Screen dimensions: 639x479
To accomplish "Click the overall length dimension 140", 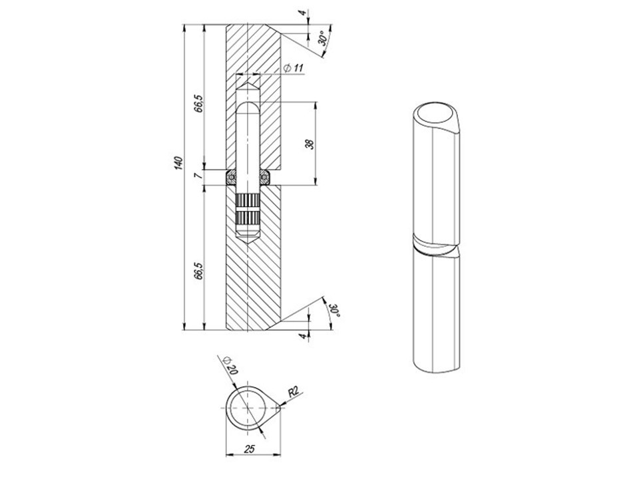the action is point(178,162).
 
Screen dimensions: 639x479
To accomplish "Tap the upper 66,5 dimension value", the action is point(198,104).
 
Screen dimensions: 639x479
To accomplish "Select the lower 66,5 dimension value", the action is point(198,271).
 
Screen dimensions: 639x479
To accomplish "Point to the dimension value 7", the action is point(198,176).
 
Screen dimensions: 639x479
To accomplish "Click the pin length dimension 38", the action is point(310,144).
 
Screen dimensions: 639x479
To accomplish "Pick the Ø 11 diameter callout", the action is point(294,68).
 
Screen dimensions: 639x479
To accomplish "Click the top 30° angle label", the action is point(322,39).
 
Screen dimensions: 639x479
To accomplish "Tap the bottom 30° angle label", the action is point(335,311).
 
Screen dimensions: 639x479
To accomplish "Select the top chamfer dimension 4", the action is point(302,13).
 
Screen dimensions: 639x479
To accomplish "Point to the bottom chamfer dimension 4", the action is point(302,336).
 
